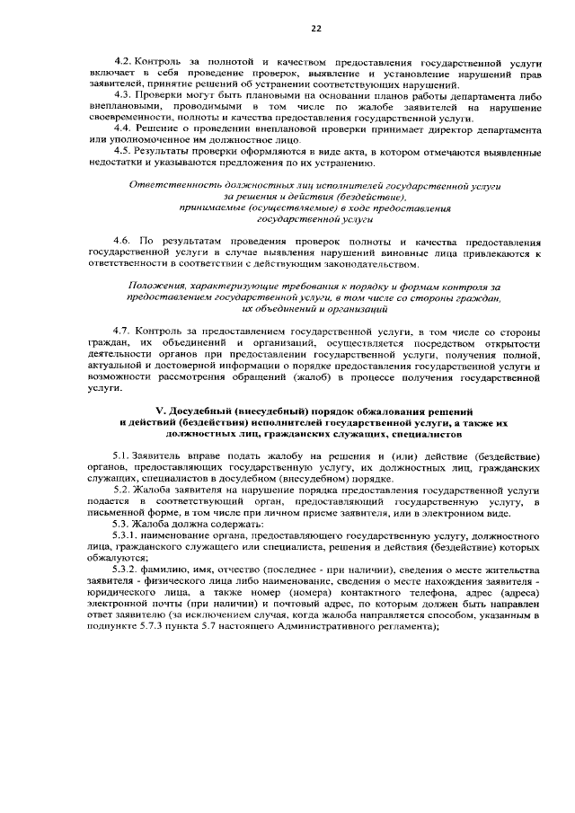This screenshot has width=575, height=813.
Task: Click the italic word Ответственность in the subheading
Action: pos(170,185)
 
